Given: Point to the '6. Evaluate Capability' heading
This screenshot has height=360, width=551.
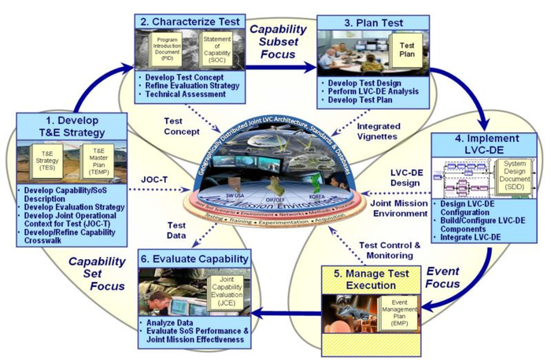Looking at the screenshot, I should pos(194,259).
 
